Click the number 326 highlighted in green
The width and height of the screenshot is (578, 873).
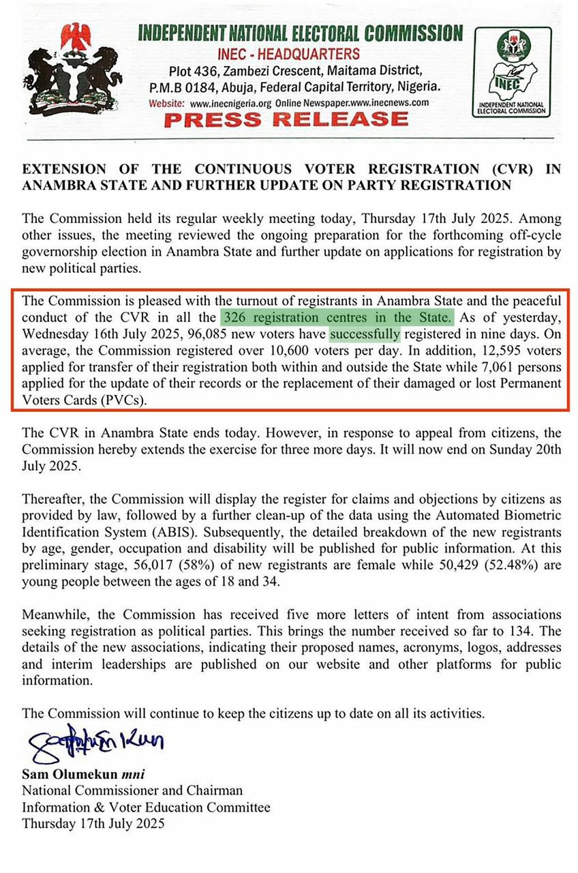pos(233,317)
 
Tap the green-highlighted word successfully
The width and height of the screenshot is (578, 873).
pos(365,334)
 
